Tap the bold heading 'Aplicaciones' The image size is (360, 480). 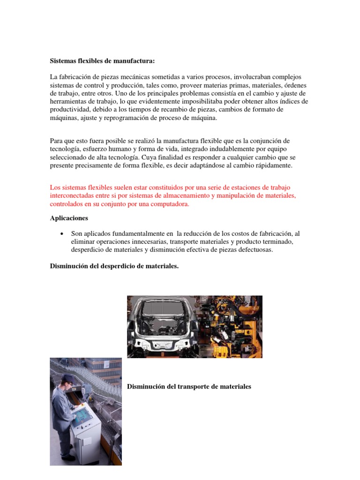69,218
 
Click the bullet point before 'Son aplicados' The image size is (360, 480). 62,233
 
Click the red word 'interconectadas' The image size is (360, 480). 73,196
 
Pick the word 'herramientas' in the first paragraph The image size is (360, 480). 69,102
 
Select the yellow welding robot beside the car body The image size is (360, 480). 230,328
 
